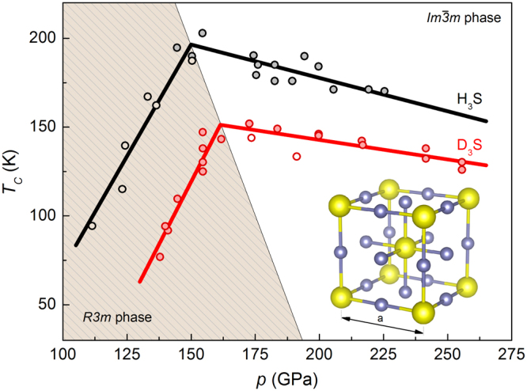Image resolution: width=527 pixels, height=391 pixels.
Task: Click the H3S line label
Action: click(x=472, y=100)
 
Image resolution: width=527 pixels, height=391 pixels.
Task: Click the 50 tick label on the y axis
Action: click(x=47, y=305)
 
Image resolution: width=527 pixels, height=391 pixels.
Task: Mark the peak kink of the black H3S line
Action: click(x=191, y=44)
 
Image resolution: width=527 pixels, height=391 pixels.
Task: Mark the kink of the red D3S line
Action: click(x=220, y=124)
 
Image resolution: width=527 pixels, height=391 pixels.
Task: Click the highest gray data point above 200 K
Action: click(x=203, y=33)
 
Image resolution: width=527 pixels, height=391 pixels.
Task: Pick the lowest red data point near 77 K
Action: click(x=160, y=256)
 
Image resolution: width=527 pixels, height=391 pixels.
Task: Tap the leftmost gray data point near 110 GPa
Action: click(x=92, y=226)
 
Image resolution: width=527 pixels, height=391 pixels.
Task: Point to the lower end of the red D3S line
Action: click(x=139, y=282)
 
